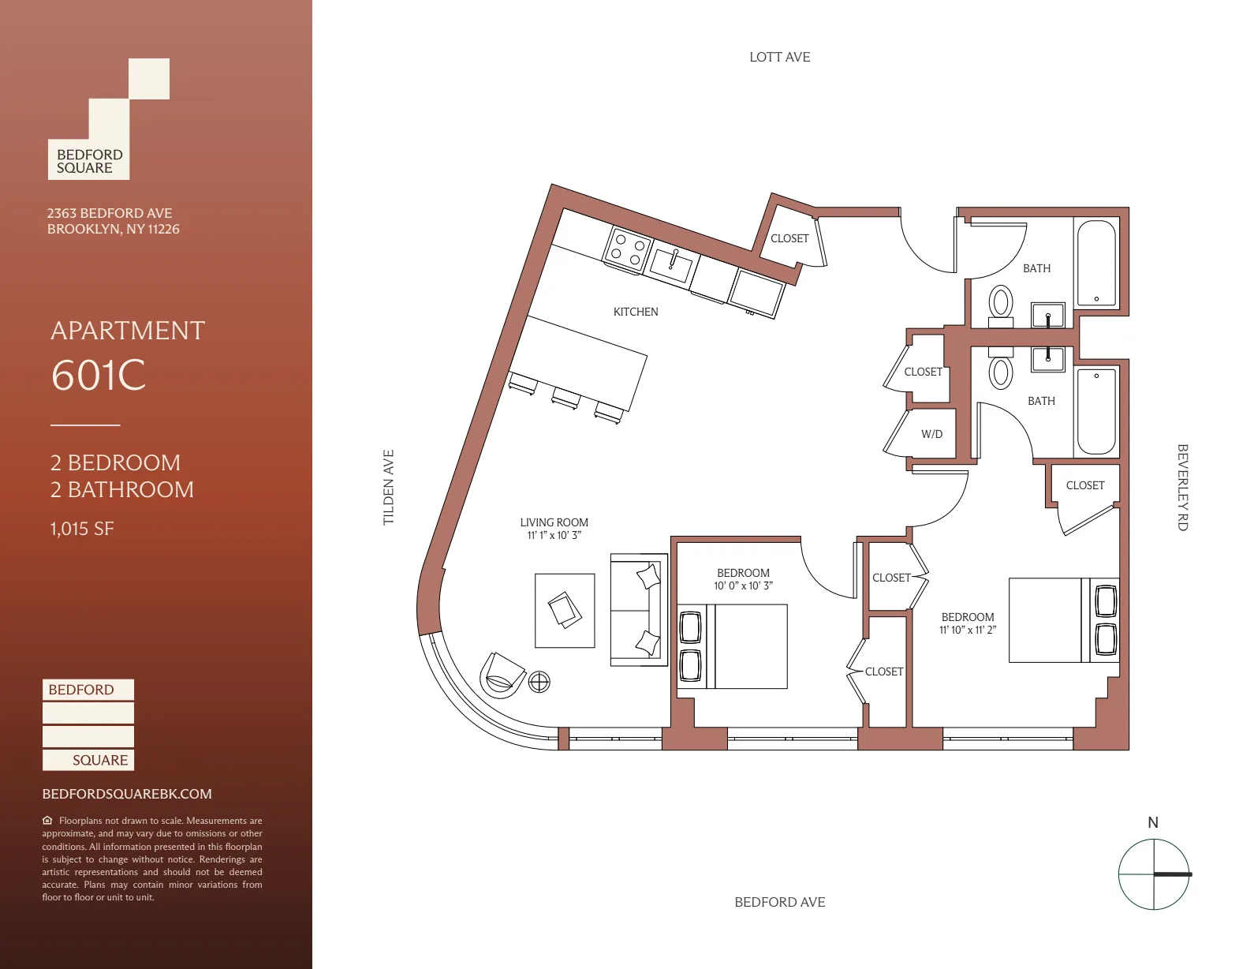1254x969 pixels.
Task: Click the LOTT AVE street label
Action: click(x=779, y=57)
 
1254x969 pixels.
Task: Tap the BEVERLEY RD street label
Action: click(x=1182, y=487)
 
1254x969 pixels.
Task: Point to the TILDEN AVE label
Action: click(x=388, y=487)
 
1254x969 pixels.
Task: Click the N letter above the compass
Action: click(x=1152, y=822)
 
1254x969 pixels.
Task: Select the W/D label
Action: click(x=931, y=434)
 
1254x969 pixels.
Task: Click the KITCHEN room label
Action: click(x=636, y=312)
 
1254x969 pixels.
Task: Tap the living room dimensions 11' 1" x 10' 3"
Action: click(x=554, y=535)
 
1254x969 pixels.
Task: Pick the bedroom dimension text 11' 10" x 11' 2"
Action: click(x=967, y=630)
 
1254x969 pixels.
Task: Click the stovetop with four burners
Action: click(x=628, y=249)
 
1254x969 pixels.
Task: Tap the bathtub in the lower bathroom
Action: click(x=1095, y=410)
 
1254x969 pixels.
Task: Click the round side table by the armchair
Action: click(x=539, y=681)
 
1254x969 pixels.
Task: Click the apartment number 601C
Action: click(x=99, y=376)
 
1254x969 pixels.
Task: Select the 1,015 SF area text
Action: click(x=82, y=529)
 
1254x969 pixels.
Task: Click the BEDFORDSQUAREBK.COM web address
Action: click(x=127, y=794)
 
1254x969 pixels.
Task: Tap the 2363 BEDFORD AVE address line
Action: click(x=110, y=213)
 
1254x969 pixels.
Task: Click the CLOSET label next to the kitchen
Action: click(x=789, y=238)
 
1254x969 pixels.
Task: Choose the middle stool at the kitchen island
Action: click(x=565, y=398)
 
